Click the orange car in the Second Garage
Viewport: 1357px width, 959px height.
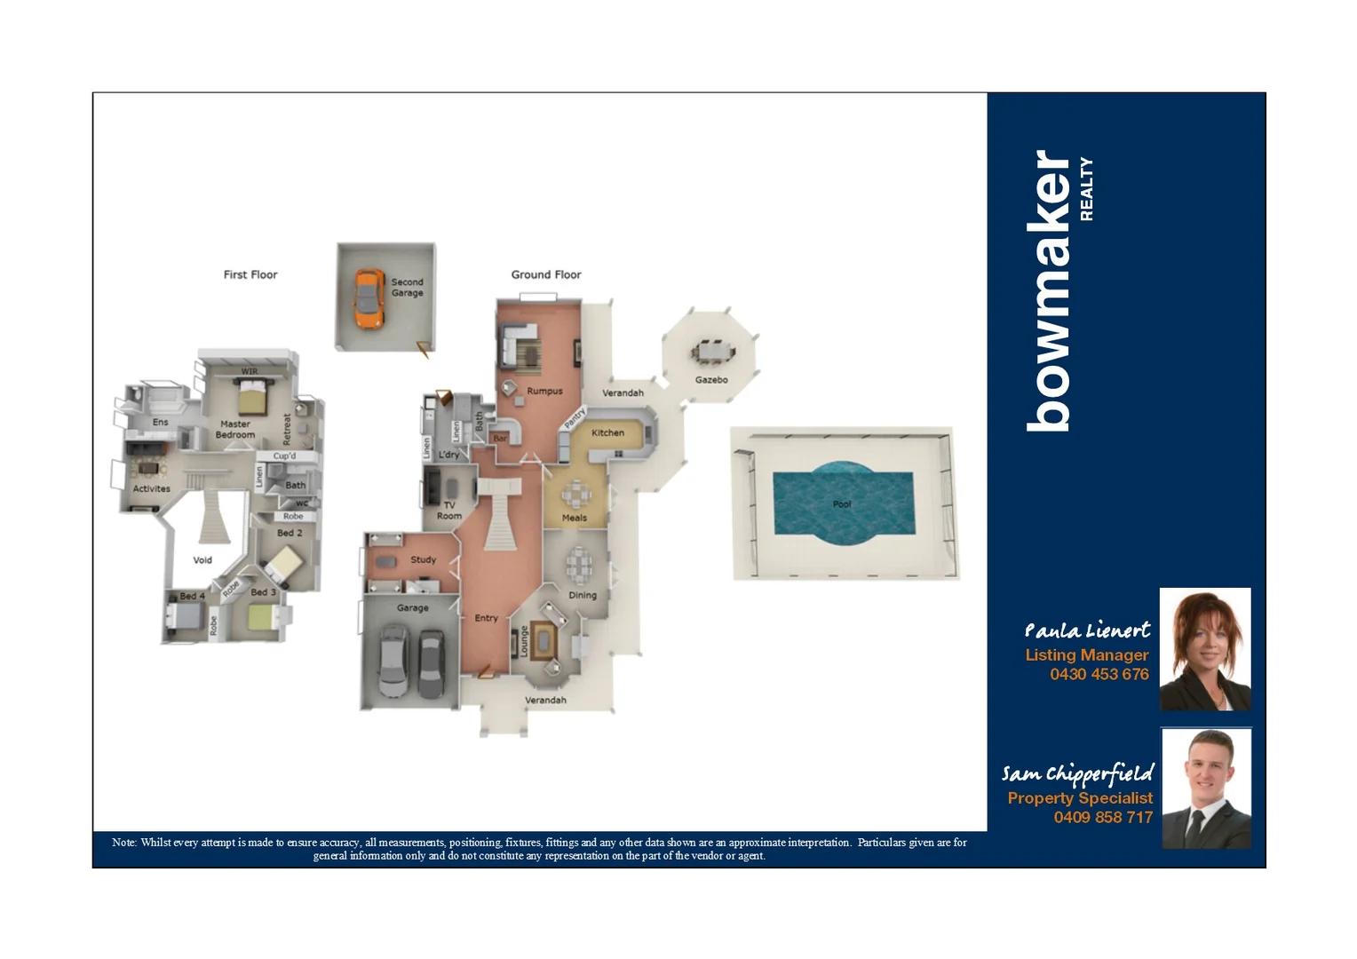(x=368, y=298)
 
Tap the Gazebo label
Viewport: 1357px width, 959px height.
(x=711, y=380)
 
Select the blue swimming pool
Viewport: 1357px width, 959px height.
(x=842, y=503)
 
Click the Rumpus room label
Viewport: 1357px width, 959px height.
(x=544, y=392)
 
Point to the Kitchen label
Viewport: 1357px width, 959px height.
(x=607, y=433)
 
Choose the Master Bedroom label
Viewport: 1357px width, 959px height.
(x=235, y=430)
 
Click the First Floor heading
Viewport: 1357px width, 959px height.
(x=250, y=275)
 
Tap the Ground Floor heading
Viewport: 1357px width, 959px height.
(x=545, y=275)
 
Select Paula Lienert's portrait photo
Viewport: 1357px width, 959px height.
(x=1205, y=649)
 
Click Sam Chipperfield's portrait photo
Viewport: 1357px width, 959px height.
(x=1206, y=789)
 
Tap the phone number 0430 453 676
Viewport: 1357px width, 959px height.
(x=1099, y=674)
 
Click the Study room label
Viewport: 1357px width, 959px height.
(x=423, y=560)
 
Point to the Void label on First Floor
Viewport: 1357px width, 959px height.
(x=202, y=560)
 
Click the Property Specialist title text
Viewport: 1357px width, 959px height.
(x=1079, y=798)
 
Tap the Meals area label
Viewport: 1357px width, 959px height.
(x=574, y=518)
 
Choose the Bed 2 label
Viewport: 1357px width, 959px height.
(x=290, y=533)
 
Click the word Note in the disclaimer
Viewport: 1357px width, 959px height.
(x=123, y=843)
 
